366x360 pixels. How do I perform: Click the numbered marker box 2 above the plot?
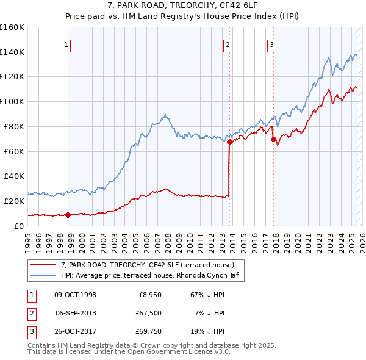point(227,44)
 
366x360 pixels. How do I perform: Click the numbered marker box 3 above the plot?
point(271,44)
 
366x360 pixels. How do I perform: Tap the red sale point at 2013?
point(230,142)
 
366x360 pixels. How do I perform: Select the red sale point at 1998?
point(68,214)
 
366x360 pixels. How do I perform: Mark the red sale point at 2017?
point(274,139)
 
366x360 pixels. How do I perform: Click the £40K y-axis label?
point(14,176)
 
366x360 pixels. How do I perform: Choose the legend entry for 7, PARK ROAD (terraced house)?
point(147,265)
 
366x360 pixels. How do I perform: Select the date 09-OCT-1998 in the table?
point(75,295)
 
